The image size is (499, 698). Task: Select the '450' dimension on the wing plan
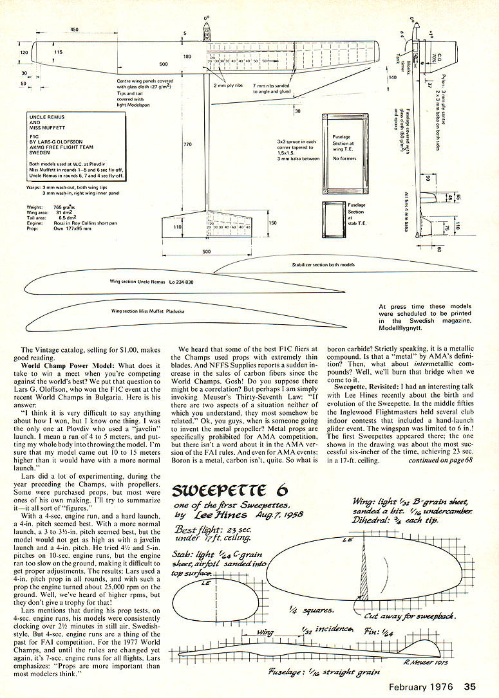[74, 30]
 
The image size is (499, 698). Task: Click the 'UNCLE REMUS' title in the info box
[44, 118]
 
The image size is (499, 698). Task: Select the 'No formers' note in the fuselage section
[344, 158]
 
